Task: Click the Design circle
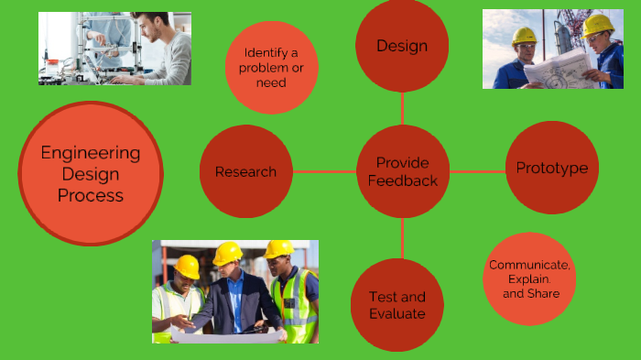coord(402,45)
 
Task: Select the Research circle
coord(245,171)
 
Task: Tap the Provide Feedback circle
coord(402,171)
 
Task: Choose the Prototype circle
coord(551,168)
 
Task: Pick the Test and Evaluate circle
coord(397,305)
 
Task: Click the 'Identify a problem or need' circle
coord(271,68)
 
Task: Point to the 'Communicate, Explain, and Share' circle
coord(529,278)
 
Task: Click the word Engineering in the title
coord(91,153)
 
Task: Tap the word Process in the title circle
coord(91,195)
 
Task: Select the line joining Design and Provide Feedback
coord(402,107)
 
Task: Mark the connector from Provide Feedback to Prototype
coord(476,171)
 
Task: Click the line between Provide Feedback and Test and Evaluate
coord(402,238)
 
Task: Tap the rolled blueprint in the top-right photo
coord(559,69)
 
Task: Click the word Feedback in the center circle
coord(402,180)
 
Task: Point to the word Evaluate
coord(397,313)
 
